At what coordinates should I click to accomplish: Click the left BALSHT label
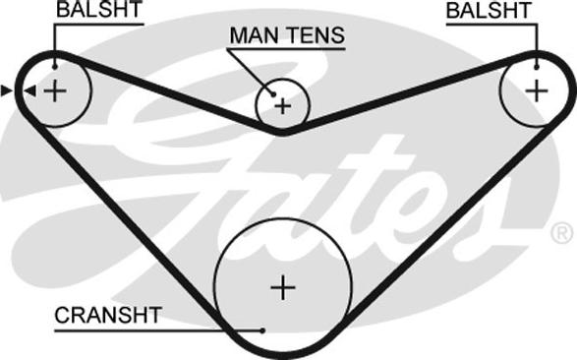coord(98,10)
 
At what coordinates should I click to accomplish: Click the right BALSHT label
coord(489,10)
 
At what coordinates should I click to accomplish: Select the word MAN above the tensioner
coord(255,35)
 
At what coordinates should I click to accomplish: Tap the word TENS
coord(317,35)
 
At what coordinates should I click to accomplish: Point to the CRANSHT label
coord(108,315)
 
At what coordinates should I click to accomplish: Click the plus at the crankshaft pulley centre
coord(283,287)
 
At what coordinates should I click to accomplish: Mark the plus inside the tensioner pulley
coord(283,106)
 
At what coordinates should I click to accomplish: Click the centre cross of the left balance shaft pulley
coord(55,90)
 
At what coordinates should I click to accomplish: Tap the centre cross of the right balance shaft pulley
coord(537,90)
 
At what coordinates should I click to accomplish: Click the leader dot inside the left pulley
coord(55,67)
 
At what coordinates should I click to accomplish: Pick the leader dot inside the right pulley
coord(537,67)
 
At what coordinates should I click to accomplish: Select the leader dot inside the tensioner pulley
coord(273,94)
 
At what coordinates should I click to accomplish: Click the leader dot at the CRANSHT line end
coord(262,330)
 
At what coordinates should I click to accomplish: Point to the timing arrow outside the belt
coord(7,90)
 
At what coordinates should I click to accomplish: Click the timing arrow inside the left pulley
coord(30,90)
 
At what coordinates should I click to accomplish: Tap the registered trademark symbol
coord(562,232)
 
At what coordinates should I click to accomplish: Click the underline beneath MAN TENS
coord(286,48)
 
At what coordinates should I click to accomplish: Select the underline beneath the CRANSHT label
coord(158,330)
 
